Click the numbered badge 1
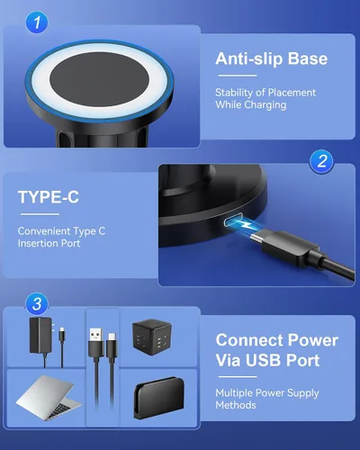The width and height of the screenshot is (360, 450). click(37, 22)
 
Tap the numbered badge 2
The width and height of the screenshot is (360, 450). click(321, 161)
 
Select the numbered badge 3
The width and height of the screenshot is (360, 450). click(37, 304)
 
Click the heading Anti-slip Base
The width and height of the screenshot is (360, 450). click(271, 58)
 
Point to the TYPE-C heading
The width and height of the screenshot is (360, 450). click(49, 197)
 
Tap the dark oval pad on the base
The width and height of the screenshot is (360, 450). click(99, 81)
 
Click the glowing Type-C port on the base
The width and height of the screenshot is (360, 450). click(233, 222)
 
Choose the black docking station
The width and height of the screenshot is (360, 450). click(158, 398)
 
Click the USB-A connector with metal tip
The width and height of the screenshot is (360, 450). click(96, 342)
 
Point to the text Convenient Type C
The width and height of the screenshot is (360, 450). click(61, 231)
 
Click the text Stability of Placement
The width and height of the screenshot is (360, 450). click(265, 93)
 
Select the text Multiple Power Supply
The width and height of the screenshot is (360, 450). click(267, 393)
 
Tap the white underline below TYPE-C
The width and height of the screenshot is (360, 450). click(40, 214)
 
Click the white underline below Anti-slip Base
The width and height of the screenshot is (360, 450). click(238, 76)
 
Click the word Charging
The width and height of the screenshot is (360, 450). click(265, 105)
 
